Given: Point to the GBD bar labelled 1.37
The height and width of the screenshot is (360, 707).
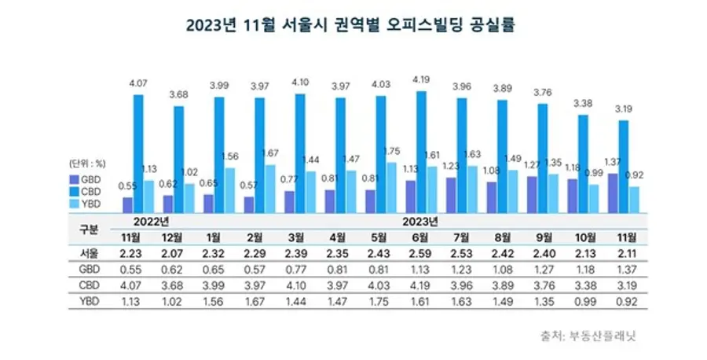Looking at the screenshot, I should click(x=613, y=193).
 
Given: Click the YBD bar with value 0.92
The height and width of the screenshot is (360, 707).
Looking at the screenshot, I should click(x=634, y=199).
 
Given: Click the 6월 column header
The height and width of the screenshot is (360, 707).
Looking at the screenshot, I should click(x=419, y=236).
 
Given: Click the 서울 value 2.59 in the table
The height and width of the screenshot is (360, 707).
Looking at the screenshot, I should click(x=419, y=253).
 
